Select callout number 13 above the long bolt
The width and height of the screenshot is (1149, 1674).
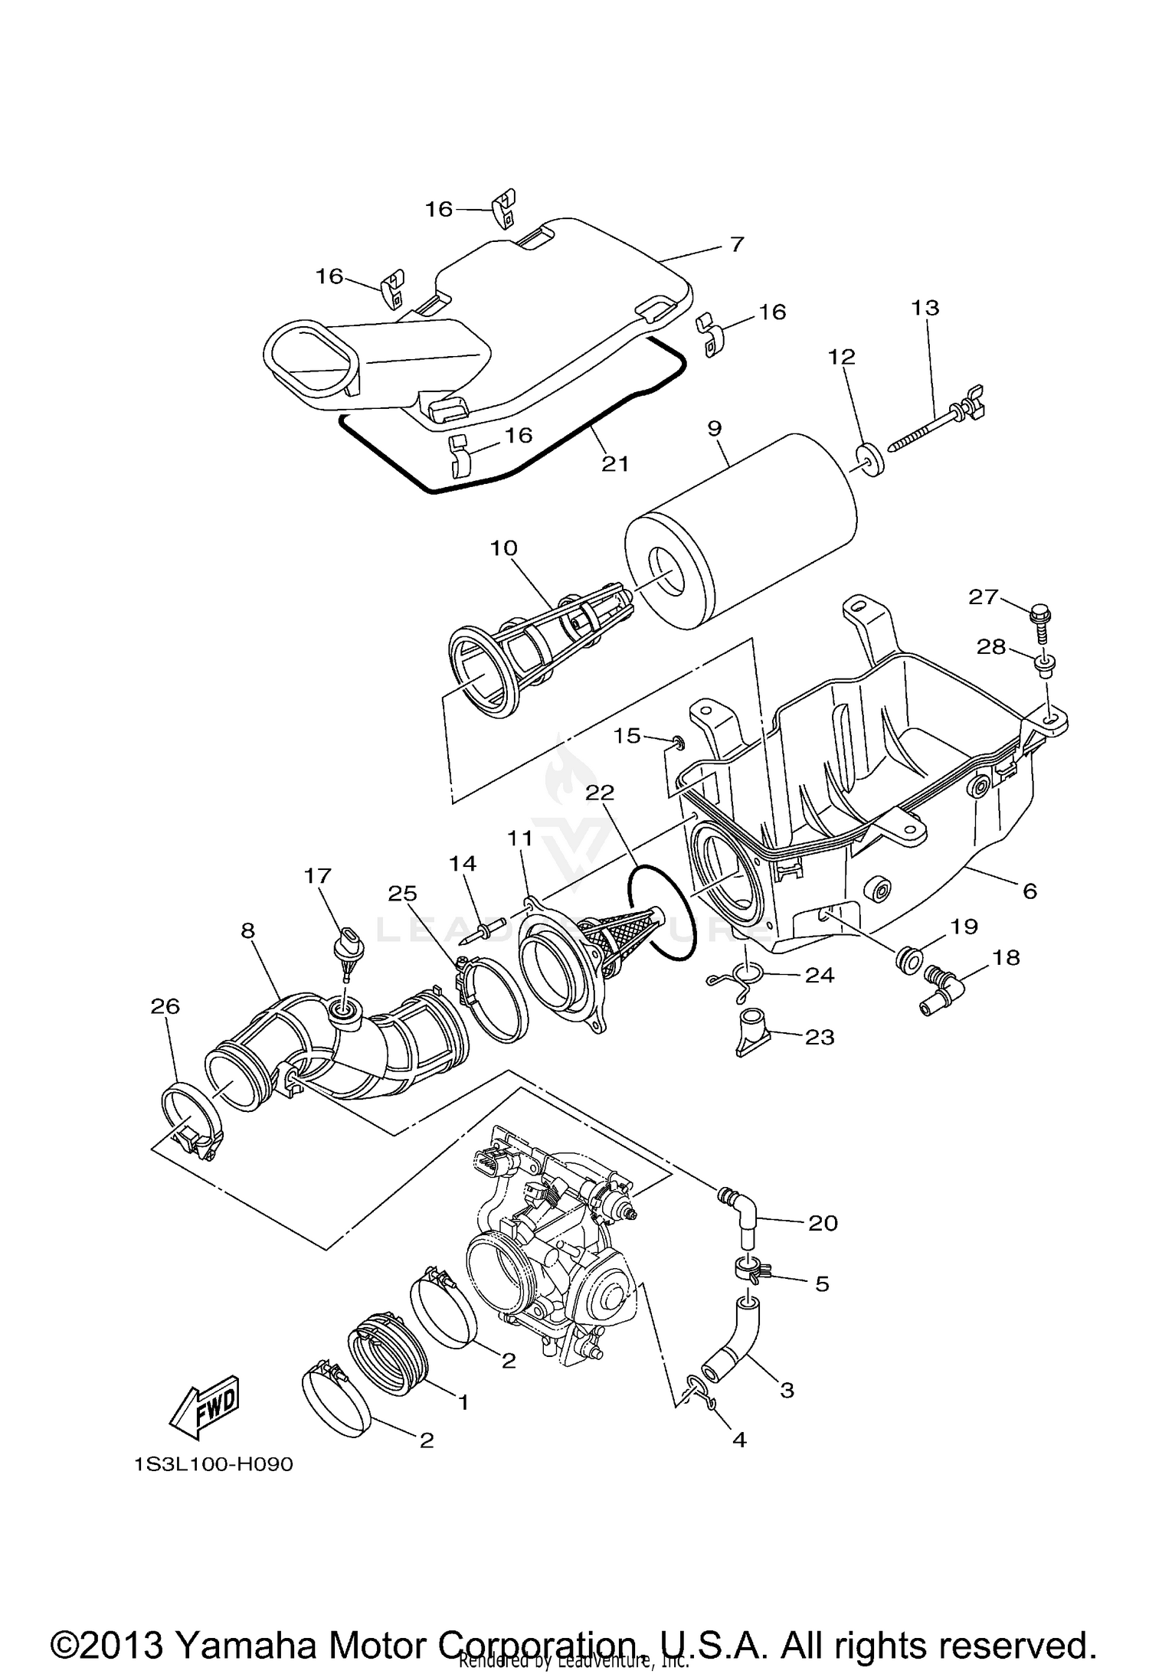pyautogui.click(x=925, y=308)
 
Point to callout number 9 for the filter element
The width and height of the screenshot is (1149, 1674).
pyautogui.click(x=714, y=428)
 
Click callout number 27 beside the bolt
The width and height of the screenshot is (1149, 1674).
pyautogui.click(x=984, y=597)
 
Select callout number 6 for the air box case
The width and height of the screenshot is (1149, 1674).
pyautogui.click(x=1030, y=891)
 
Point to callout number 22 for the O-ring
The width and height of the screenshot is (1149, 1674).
pyautogui.click(x=600, y=792)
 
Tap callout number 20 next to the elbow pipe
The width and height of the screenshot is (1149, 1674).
pyautogui.click(x=823, y=1223)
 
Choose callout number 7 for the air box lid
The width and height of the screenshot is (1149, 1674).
pyautogui.click(x=736, y=244)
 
